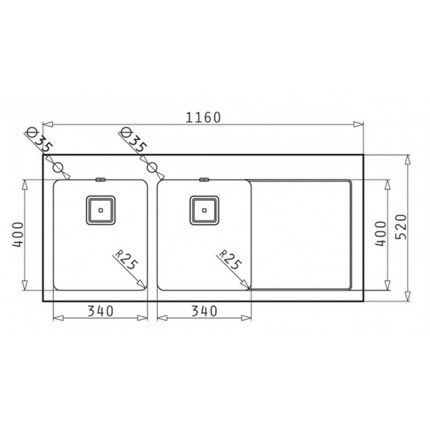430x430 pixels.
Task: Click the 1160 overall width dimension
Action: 203,117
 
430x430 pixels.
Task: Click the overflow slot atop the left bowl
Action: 101,178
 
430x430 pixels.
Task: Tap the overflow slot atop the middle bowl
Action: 204,178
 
